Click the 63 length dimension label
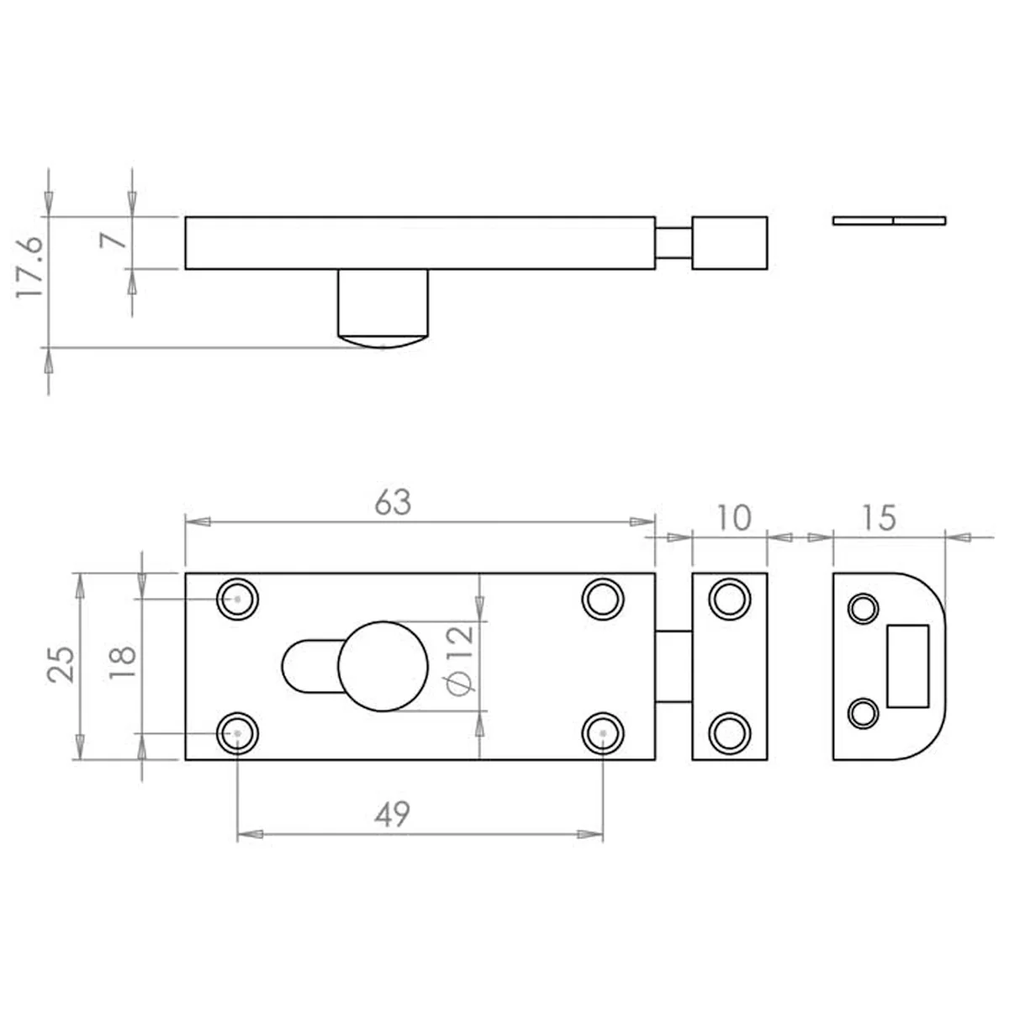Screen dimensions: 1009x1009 394,502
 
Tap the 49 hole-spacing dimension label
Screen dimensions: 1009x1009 392,814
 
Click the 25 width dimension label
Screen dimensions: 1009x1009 61,665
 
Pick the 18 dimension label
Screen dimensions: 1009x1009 123,663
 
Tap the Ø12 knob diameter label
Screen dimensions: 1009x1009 460,662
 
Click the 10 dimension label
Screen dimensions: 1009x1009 733,517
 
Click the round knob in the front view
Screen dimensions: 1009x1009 383,666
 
